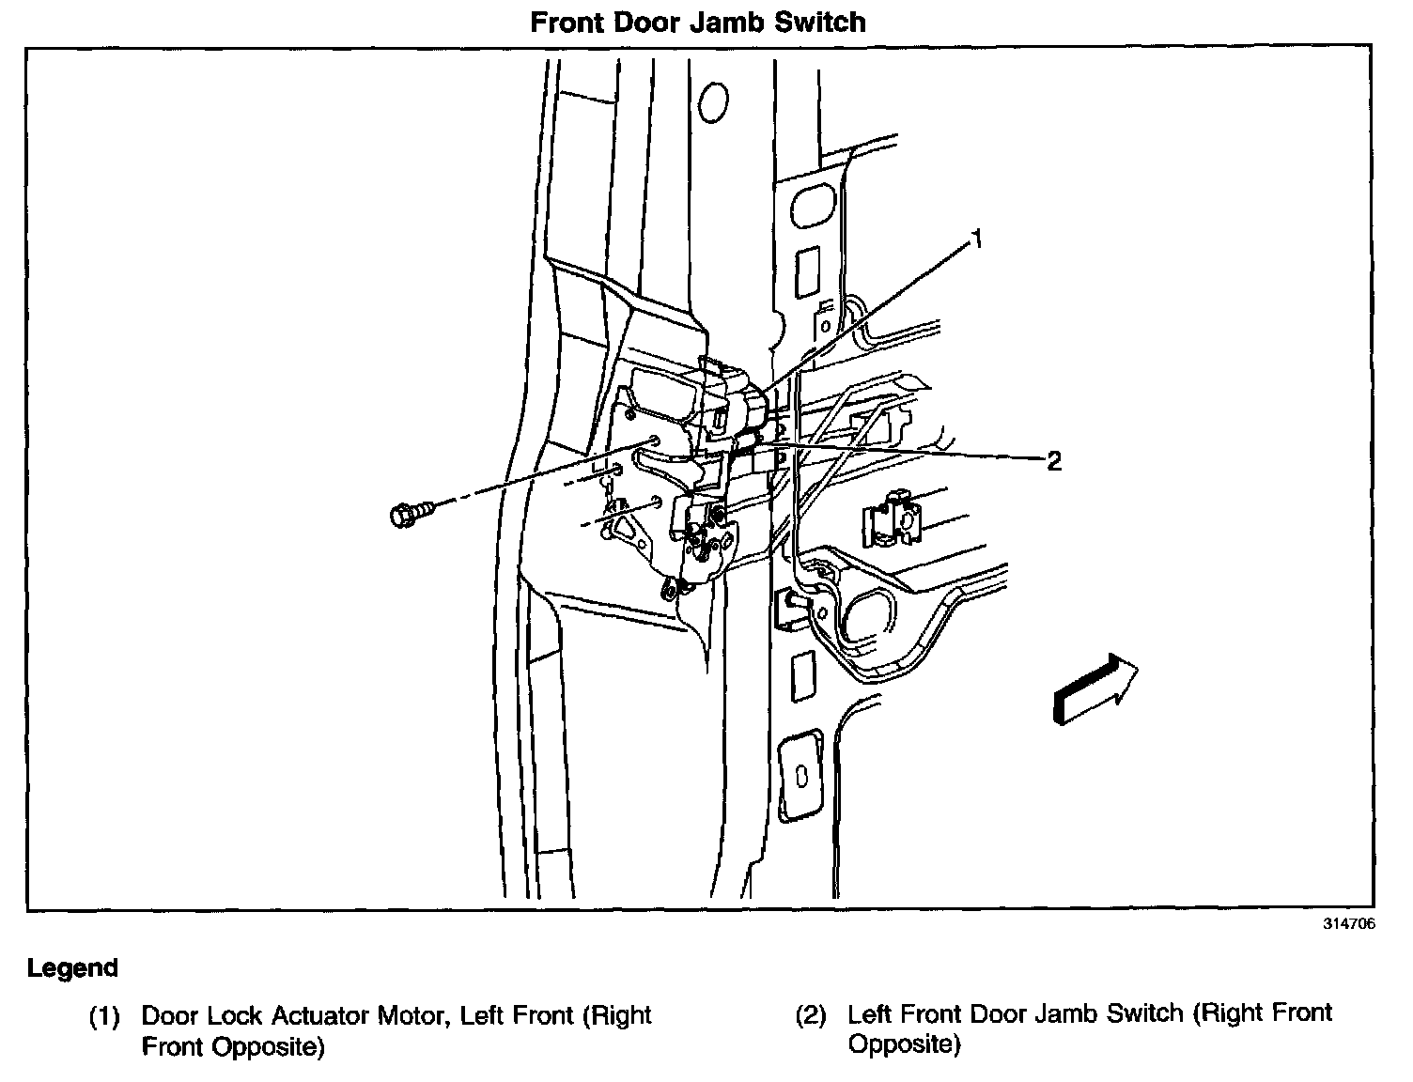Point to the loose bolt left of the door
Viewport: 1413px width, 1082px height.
[411, 513]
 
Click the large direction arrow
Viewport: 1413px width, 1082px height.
[1095, 689]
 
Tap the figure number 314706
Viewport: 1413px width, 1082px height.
[1349, 923]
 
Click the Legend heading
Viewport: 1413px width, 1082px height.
[72, 967]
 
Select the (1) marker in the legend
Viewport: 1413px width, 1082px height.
[104, 1016]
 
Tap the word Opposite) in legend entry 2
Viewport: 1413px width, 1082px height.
[904, 1044]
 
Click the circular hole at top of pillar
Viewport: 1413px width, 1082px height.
[715, 99]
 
